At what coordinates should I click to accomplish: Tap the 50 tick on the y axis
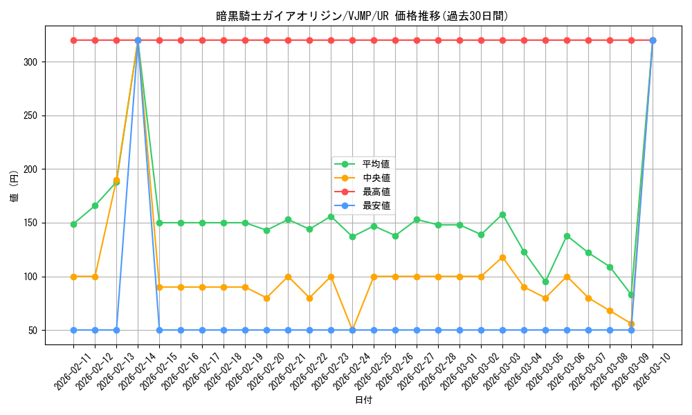coord(34,331)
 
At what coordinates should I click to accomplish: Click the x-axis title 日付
coord(363,400)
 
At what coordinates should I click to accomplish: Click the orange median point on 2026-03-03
coord(502,257)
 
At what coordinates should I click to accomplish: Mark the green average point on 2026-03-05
coord(545,282)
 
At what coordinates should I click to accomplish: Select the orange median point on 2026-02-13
coord(116,180)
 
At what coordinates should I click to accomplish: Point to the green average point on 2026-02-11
coord(73,224)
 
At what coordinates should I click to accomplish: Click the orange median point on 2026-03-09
coord(631,324)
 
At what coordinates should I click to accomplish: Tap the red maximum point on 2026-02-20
coord(266,40)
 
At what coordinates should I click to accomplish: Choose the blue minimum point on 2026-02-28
coord(438,330)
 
